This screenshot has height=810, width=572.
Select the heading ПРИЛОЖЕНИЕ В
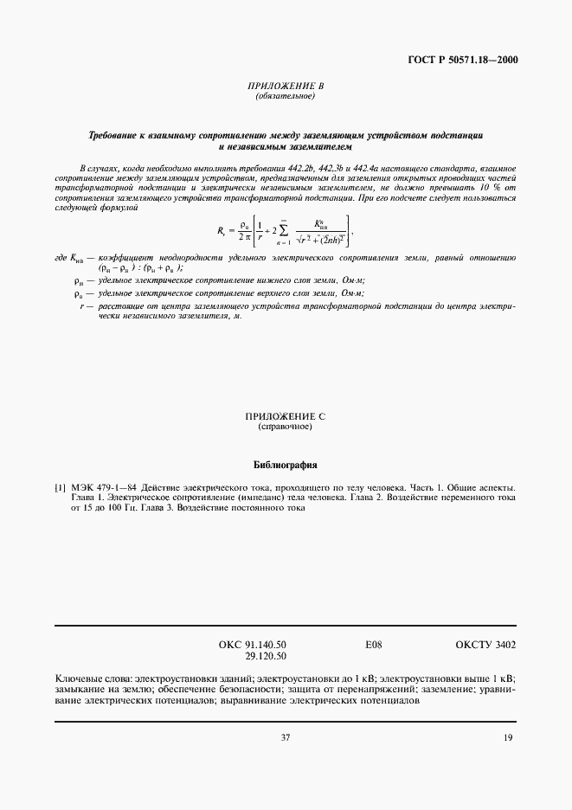[286, 87]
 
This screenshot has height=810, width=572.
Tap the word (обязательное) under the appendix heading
[286, 96]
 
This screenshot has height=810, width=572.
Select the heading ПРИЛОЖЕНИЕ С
[285, 416]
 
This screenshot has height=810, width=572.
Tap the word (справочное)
[285, 427]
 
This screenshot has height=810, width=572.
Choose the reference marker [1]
[61, 488]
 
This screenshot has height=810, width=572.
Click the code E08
[374, 645]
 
